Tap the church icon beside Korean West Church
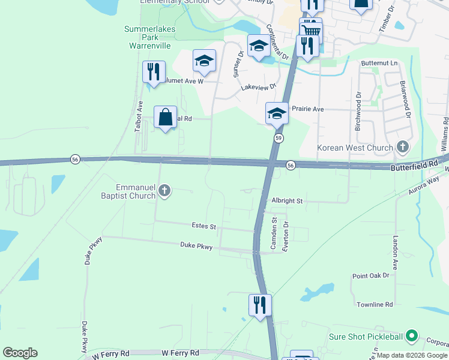pos(402,147)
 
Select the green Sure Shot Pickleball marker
pos(411,336)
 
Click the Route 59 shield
pos(279,139)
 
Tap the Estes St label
pos(203,226)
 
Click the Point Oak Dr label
pos(371,276)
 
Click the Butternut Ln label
pos(379,63)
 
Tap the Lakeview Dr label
pos(258,87)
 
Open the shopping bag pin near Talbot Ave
pos(166,117)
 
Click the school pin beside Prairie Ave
pos(277,112)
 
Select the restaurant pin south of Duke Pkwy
pos(260,305)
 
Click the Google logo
pos(20,353)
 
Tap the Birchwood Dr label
pos(358,111)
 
